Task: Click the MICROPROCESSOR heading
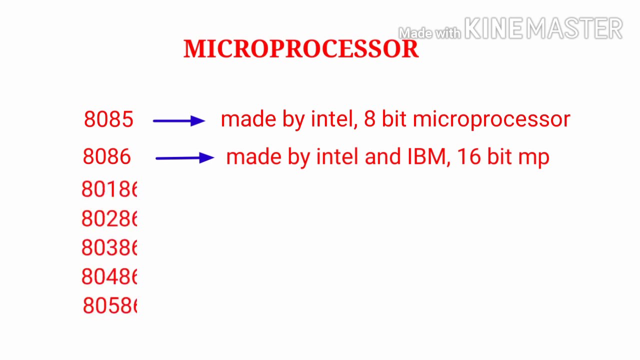[x=301, y=49]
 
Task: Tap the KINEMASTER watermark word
[x=543, y=28]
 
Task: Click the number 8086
[x=107, y=157]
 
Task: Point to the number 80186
[x=109, y=189]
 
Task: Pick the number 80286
[x=109, y=218]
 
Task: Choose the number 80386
[x=109, y=247]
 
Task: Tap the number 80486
[x=109, y=276]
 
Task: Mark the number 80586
[x=109, y=305]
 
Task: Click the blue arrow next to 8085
[x=179, y=120]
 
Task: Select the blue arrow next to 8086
[x=184, y=158]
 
